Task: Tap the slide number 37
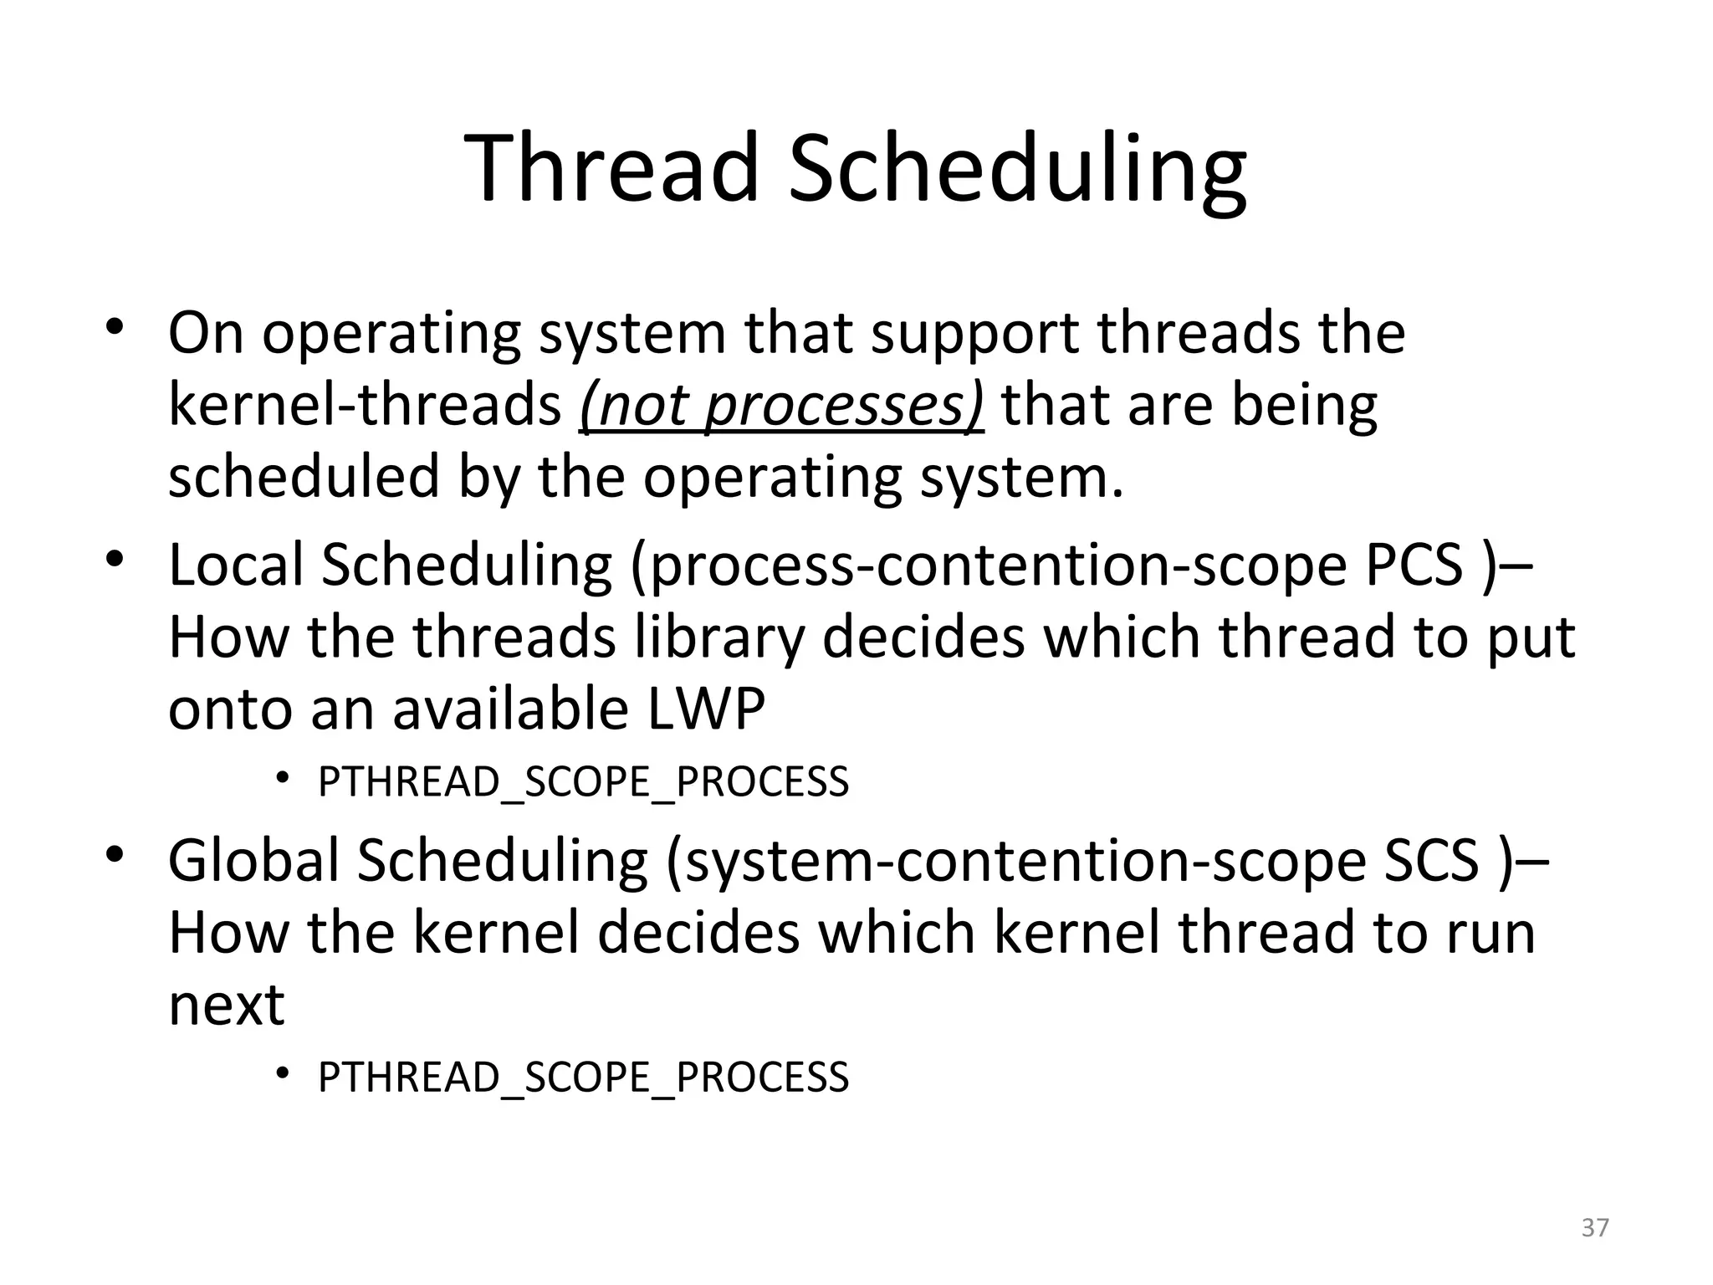tap(1595, 1228)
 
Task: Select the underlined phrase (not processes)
tap(781, 406)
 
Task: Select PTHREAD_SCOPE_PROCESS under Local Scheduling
tap(583, 782)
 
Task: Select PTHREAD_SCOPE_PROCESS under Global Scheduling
tap(583, 1077)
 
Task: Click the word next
tap(227, 1005)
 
